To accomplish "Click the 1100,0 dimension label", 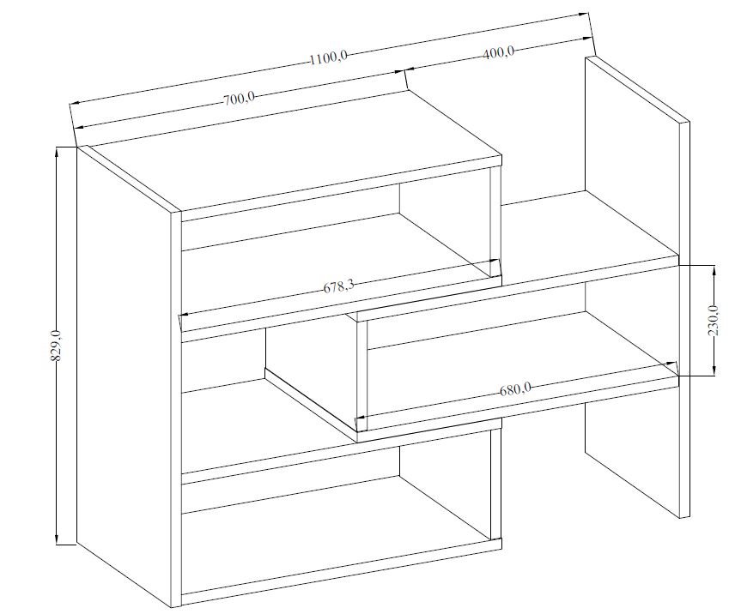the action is [328, 58].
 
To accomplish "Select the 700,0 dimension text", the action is [239, 99].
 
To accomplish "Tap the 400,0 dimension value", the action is [498, 52].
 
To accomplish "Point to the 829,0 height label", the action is [56, 346].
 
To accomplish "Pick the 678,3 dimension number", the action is [338, 285].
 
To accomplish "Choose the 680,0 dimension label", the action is [514, 388].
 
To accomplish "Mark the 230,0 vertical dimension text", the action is [713, 320].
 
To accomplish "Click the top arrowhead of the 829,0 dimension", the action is [57, 152].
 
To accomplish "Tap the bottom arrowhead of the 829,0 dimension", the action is [57, 539].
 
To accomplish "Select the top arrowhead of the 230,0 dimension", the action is [713, 270].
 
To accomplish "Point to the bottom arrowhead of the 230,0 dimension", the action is [713, 370].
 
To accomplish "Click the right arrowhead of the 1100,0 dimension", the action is [584, 15].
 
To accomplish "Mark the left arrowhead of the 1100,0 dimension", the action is [76, 102].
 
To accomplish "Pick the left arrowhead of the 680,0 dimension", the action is [361, 416].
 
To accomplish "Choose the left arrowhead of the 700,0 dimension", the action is [81, 126].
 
